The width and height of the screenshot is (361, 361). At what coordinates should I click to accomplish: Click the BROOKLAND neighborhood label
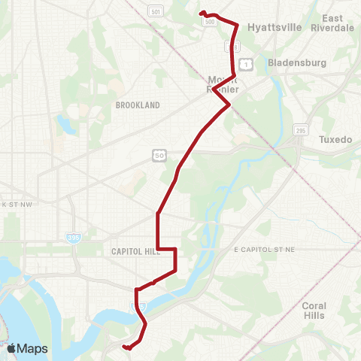click(x=138, y=106)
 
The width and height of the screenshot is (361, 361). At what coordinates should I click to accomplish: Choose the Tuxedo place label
click(x=335, y=140)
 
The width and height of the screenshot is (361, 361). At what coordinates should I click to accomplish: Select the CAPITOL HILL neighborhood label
click(x=132, y=252)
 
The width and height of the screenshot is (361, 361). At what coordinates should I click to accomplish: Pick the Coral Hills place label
click(x=314, y=311)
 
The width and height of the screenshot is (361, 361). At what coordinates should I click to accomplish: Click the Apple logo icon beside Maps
click(x=11, y=348)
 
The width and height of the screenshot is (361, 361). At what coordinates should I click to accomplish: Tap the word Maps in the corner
click(x=32, y=348)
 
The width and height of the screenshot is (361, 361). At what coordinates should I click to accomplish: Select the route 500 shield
click(x=210, y=22)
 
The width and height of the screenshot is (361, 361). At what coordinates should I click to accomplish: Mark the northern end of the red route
click(x=201, y=13)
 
